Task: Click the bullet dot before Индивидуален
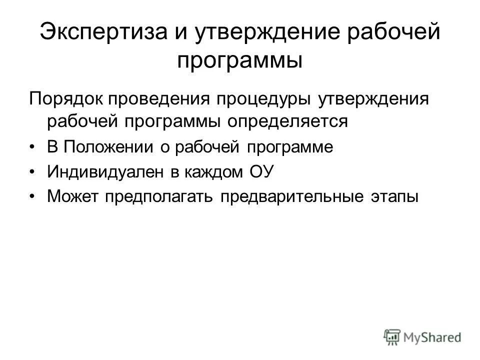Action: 32,171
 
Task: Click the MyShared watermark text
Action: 433,336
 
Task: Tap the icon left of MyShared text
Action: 392,336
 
